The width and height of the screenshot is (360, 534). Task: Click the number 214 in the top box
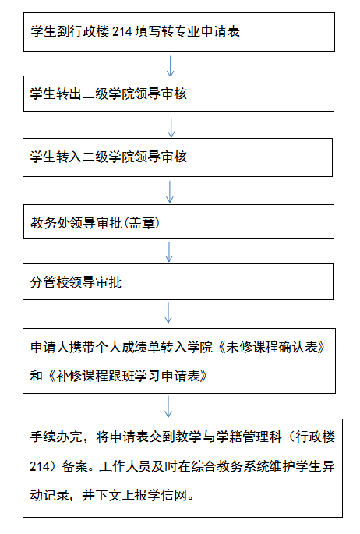(x=122, y=32)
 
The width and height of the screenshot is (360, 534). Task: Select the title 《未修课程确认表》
(x=271, y=347)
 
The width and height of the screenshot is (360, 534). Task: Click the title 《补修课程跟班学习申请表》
(x=127, y=376)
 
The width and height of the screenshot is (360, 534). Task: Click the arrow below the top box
(x=170, y=65)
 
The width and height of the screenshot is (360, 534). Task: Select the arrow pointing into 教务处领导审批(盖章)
(x=169, y=192)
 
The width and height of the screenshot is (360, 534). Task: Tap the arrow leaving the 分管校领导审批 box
(x=168, y=313)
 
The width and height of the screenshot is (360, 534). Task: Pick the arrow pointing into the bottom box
(x=168, y=406)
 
